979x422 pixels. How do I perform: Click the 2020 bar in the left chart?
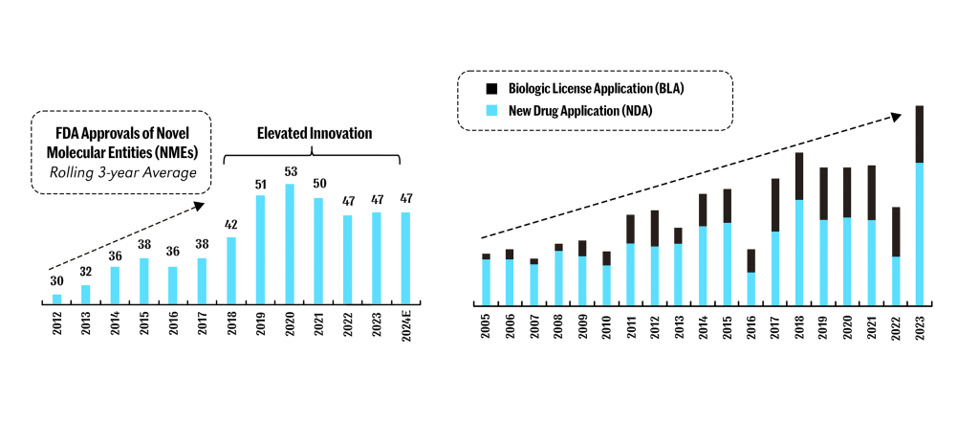click(289, 244)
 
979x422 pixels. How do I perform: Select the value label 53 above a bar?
click(289, 172)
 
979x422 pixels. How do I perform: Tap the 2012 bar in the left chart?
click(57, 299)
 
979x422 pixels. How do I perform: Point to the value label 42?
click(230, 225)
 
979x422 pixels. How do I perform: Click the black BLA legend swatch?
click(492, 88)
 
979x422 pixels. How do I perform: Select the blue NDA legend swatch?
click(492, 111)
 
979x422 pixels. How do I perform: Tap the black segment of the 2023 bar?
click(920, 134)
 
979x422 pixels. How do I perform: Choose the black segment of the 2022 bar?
click(896, 232)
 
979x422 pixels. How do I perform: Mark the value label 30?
click(57, 282)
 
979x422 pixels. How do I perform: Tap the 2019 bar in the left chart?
click(260, 250)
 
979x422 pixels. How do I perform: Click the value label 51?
click(260, 184)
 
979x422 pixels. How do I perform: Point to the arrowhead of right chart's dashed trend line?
click(897, 116)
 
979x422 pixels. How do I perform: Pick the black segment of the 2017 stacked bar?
click(775, 205)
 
